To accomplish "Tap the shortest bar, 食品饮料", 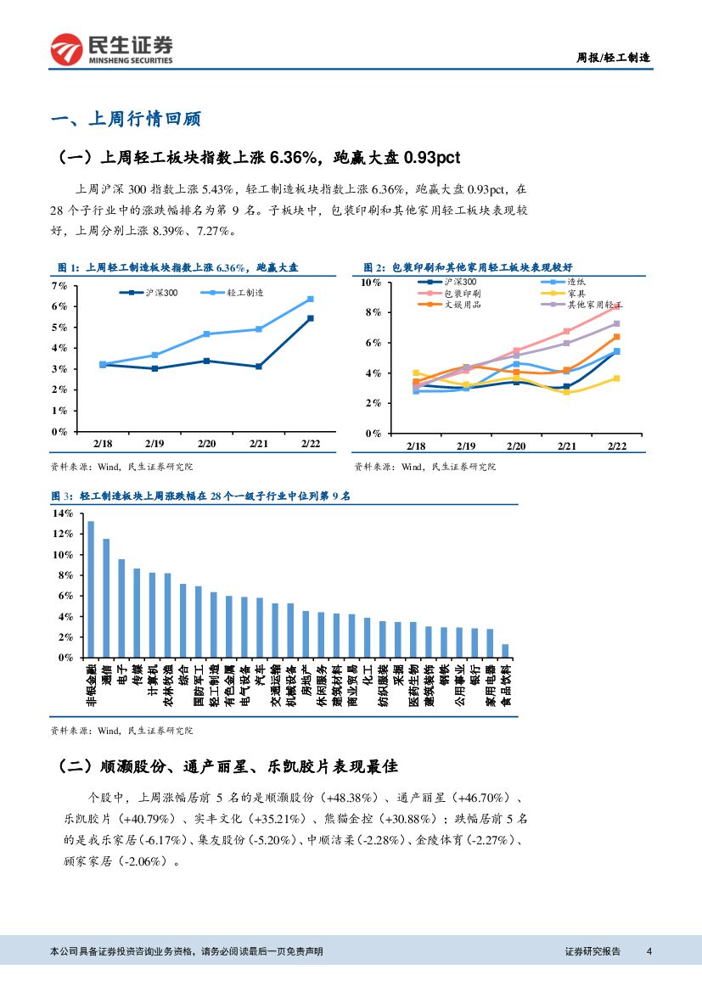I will point(505,651).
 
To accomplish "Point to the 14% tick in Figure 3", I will point(63,513).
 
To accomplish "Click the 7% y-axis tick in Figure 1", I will point(59,286).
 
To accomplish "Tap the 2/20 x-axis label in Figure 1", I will point(206,444).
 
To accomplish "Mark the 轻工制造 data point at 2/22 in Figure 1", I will point(310,299).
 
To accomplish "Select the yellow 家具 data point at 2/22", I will point(616,378).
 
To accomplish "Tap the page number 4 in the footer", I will point(649,951).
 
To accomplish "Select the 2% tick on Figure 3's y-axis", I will point(65,637).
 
